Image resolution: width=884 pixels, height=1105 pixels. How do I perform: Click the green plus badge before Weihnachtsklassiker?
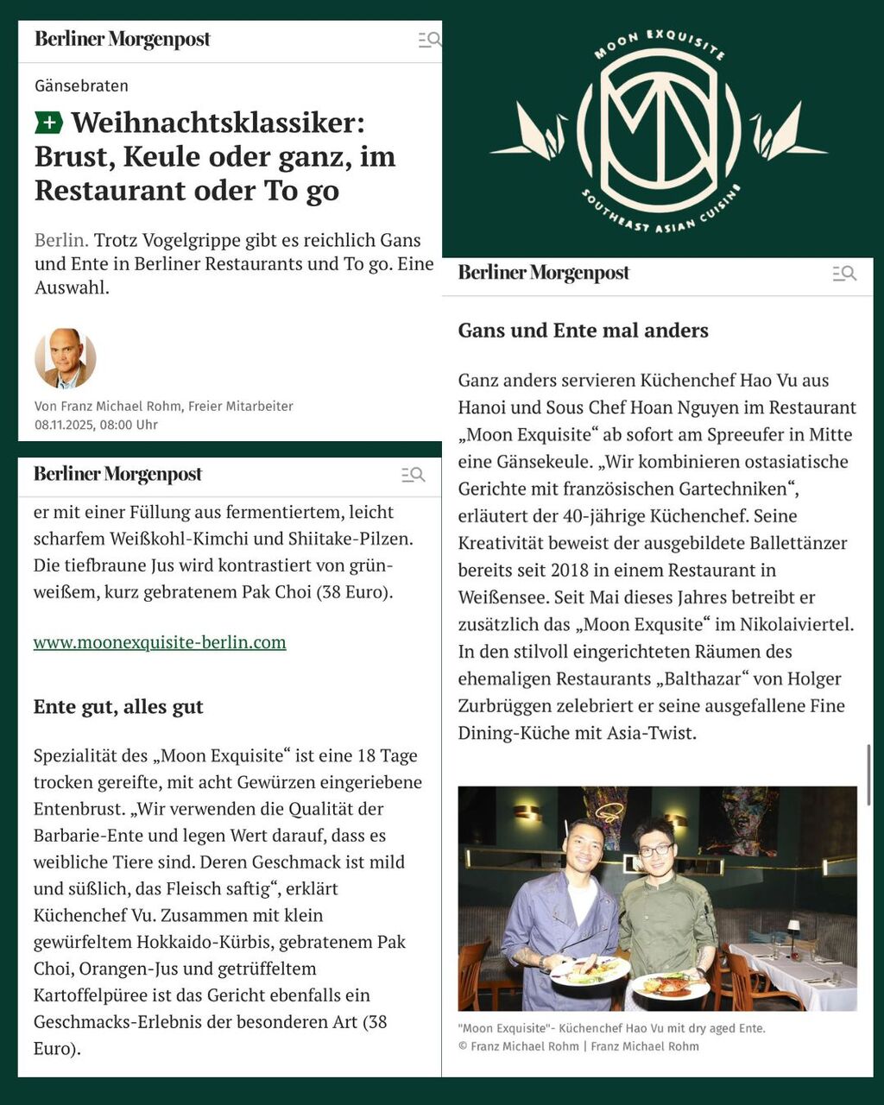click(x=49, y=123)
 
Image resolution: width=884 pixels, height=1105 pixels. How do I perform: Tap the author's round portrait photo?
click(x=66, y=358)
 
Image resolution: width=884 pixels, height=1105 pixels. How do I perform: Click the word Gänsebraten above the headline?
click(x=81, y=85)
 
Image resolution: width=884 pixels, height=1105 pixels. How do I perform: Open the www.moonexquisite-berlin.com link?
click(x=160, y=642)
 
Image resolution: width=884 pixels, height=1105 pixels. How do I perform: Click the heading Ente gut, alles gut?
click(x=118, y=706)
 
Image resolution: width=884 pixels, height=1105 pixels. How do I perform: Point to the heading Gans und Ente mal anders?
click(x=583, y=330)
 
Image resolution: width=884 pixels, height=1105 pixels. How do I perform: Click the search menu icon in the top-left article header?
click(x=430, y=40)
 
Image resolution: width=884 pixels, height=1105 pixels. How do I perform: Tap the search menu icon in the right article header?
click(x=843, y=274)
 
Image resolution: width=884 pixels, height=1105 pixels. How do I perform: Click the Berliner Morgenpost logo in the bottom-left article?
click(x=117, y=474)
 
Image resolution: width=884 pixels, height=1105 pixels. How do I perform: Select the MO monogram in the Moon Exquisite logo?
click(x=659, y=119)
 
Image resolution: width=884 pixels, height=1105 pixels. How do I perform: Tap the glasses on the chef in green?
click(x=655, y=850)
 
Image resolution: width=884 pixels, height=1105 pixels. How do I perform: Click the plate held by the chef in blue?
click(x=590, y=971)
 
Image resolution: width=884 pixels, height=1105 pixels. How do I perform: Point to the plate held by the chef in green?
click(x=670, y=985)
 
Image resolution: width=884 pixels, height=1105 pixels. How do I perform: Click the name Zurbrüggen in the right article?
click(x=507, y=706)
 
